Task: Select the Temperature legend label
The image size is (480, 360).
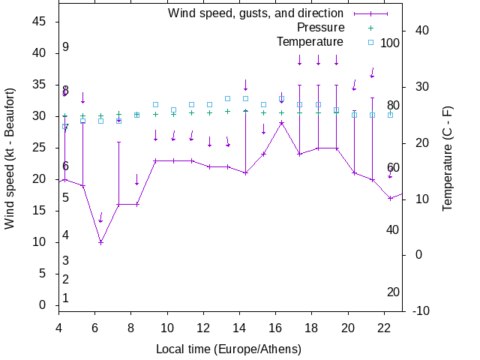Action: tap(310, 42)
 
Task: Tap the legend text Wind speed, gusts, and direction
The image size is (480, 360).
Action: tap(256, 13)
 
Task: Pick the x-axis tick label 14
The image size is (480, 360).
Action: tap(239, 327)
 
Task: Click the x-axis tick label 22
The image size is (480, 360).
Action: tap(384, 327)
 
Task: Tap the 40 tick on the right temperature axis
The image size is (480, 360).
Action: tap(421, 31)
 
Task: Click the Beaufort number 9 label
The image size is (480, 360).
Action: tap(66, 47)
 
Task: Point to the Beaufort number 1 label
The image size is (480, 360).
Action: tap(66, 298)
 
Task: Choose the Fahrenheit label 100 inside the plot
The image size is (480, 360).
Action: tap(390, 43)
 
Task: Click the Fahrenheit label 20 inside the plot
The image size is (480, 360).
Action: tap(393, 292)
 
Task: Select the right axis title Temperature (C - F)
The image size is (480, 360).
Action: tap(448, 158)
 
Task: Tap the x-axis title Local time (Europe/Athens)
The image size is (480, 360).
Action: tap(229, 349)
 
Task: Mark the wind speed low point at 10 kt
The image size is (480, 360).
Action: tap(100, 242)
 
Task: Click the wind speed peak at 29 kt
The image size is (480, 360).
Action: tap(281, 122)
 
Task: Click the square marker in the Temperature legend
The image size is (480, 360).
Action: tap(370, 42)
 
